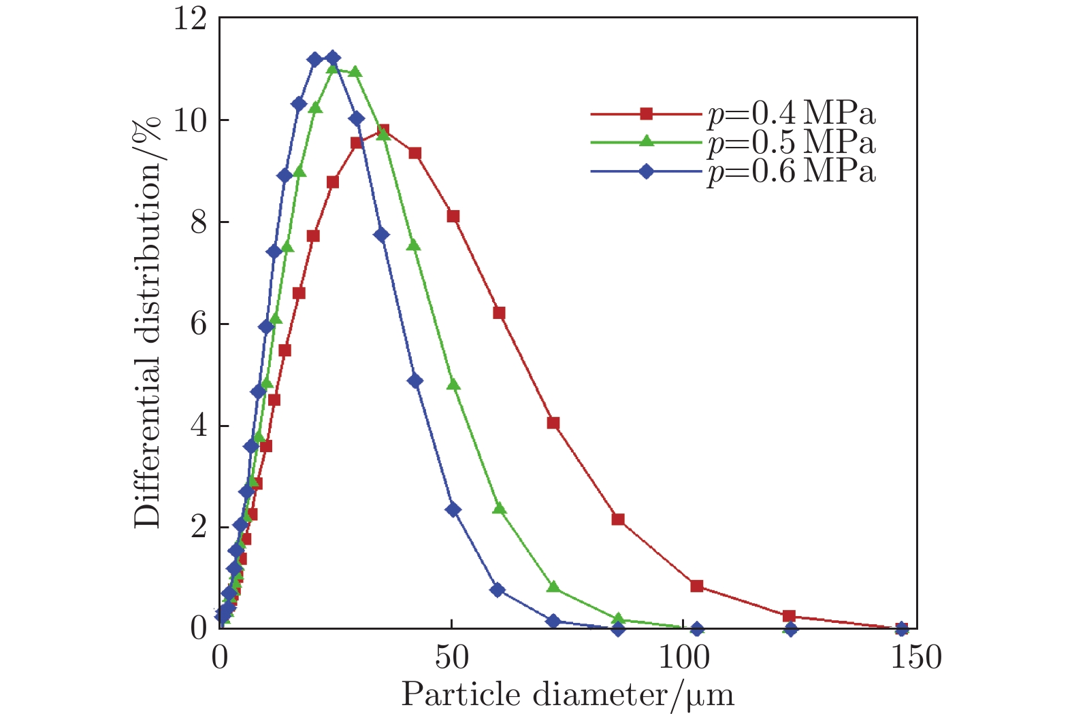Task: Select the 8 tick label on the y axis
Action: point(198,223)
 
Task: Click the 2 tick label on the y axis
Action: point(198,528)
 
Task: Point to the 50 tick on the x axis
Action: point(451,657)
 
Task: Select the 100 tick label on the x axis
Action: point(683,657)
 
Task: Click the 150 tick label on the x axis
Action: point(915,657)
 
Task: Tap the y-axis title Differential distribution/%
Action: point(148,322)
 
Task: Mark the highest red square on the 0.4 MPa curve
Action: point(383,131)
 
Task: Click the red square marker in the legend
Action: point(646,114)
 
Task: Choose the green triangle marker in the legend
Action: point(646,142)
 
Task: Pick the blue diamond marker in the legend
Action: point(646,171)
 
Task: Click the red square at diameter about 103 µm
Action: point(696,585)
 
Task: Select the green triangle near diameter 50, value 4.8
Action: point(453,384)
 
